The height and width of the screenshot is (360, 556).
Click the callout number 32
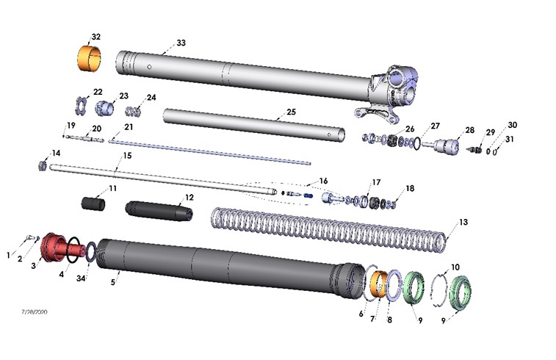96,37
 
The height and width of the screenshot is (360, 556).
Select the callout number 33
181,43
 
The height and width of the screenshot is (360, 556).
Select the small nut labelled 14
43,165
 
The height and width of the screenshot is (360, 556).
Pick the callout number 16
323,181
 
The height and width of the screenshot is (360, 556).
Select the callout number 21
129,126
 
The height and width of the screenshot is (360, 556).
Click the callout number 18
410,188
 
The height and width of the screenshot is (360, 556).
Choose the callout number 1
9,255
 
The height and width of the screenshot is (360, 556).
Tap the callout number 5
113,280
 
